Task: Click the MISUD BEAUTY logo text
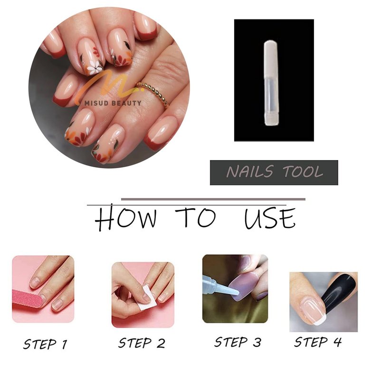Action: point(113,103)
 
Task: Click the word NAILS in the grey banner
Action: point(250,172)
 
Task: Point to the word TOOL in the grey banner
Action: point(303,172)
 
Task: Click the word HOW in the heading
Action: point(125,217)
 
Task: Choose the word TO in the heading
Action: point(195,217)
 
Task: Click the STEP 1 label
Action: point(45,344)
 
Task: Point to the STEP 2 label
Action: point(142,343)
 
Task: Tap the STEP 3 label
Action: point(238,342)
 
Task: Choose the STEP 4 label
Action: point(318,342)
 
